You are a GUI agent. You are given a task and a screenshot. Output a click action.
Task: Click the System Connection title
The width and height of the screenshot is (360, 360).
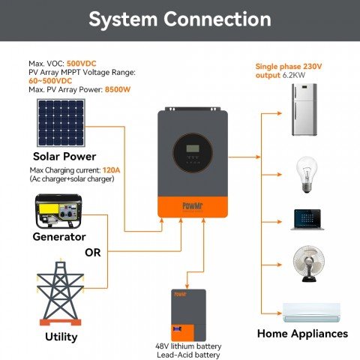tap(180, 19)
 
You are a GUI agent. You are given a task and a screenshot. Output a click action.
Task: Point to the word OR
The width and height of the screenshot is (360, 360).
tap(92, 252)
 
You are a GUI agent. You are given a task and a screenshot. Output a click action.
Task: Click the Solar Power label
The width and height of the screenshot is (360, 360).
tap(64, 157)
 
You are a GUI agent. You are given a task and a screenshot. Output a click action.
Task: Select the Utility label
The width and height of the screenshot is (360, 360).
tap(61, 337)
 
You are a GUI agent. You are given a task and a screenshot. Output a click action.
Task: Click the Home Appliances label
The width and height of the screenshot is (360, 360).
tap(303, 334)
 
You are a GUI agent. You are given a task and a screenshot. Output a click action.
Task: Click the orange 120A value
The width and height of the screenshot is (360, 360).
tap(111, 171)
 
